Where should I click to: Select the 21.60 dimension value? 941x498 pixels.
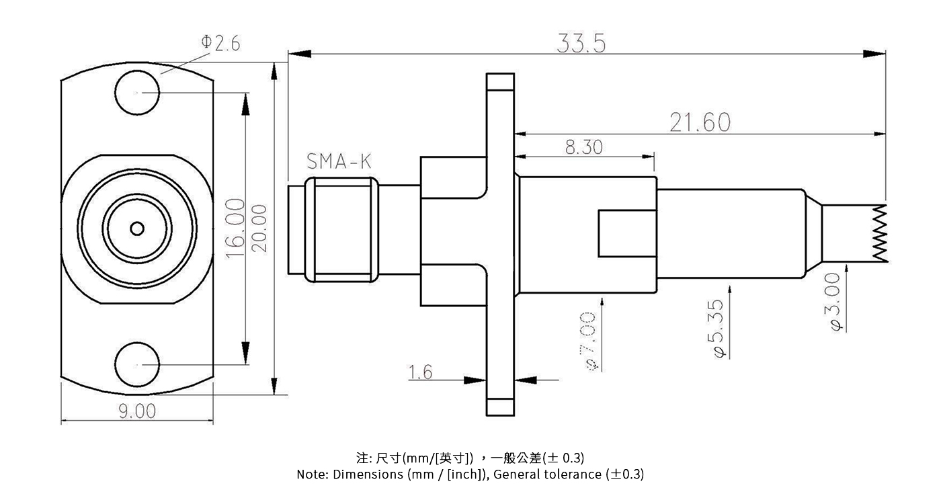(699, 123)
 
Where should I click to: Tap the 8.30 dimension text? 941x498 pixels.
(583, 147)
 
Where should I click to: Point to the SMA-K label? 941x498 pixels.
(338, 161)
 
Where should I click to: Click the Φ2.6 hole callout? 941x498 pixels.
(220, 43)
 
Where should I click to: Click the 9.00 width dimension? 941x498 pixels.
(137, 411)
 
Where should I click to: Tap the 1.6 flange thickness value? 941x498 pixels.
(421, 372)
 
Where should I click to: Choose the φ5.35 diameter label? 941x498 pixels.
(717, 329)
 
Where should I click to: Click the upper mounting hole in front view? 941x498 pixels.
(137, 92)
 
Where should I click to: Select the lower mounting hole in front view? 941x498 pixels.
(137, 364)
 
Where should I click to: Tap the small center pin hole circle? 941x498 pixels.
(137, 229)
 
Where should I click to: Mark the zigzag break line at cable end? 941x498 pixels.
(879, 233)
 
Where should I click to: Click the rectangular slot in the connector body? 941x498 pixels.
(626, 233)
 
